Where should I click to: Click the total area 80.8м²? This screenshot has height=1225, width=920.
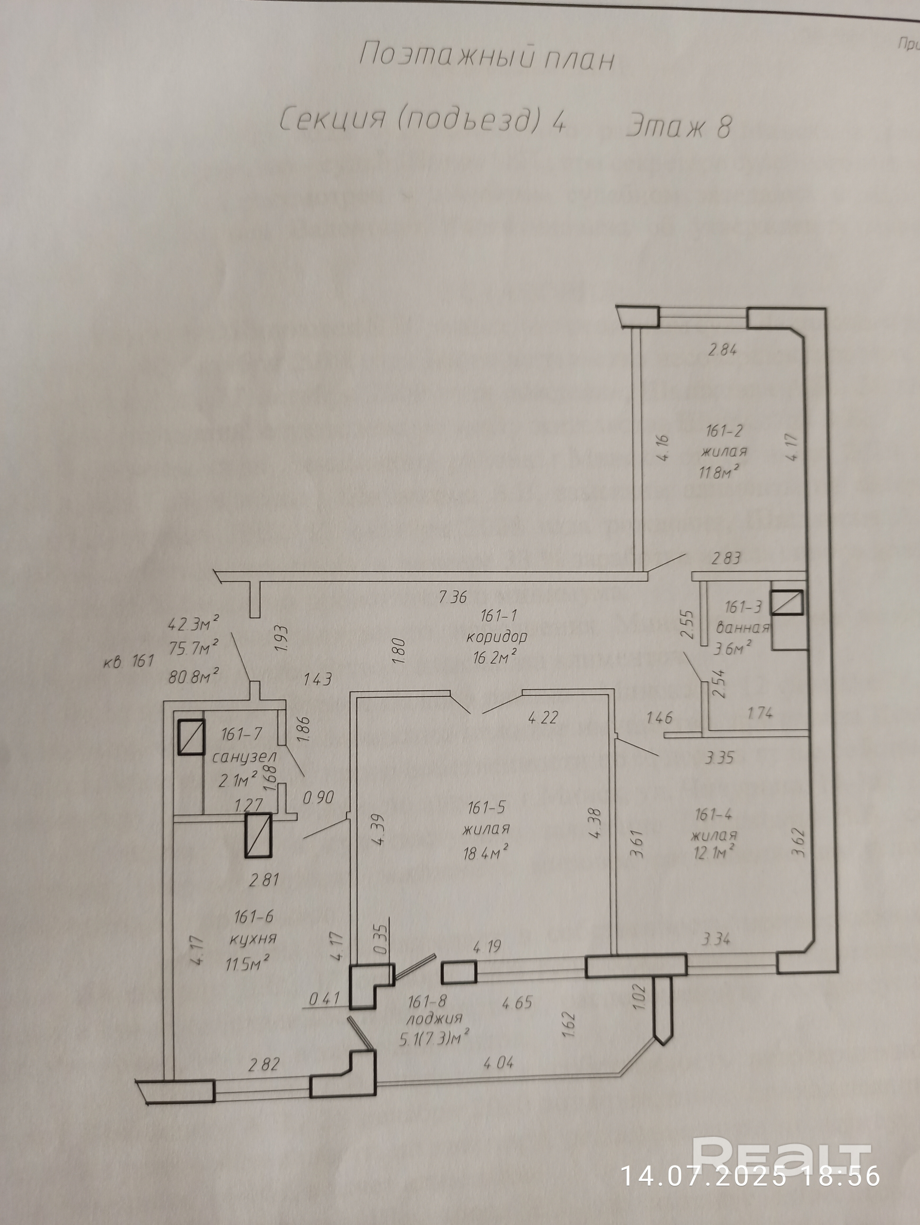click(x=193, y=676)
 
